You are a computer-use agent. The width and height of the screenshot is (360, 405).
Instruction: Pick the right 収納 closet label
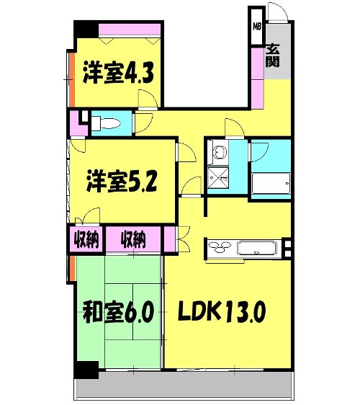(135, 239)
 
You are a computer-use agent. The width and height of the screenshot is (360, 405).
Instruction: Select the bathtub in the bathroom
(271, 186)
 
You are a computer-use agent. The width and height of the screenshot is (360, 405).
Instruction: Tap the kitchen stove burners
(220, 249)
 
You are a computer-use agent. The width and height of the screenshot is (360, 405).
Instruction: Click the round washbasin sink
(219, 153)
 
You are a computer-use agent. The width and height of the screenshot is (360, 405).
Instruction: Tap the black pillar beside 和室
(86, 370)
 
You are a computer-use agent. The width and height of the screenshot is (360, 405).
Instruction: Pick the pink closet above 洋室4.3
(130, 30)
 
